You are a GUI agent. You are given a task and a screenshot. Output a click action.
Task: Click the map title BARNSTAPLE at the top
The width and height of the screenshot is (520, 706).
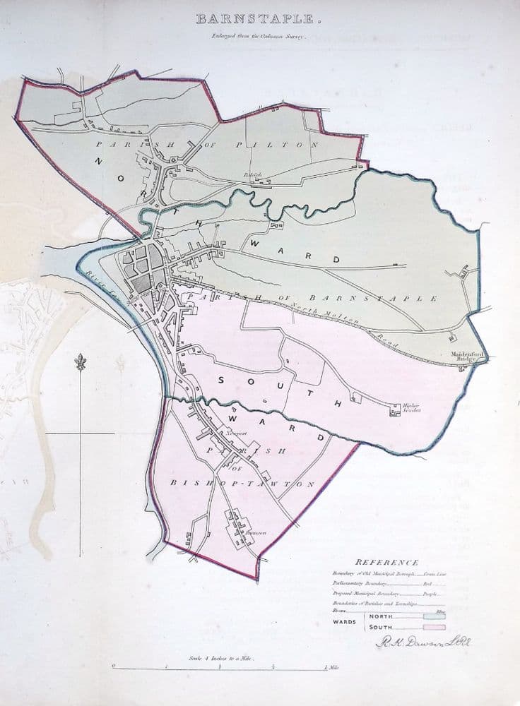point(259,18)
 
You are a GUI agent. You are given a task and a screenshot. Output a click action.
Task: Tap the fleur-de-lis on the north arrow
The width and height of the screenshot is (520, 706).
point(80,363)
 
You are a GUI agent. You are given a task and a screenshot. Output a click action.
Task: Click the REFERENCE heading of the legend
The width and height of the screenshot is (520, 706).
point(386,562)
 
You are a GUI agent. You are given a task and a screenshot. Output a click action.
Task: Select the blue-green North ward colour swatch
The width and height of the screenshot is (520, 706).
point(433,616)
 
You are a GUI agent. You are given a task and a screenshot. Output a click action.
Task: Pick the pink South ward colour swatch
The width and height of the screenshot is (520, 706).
point(433,626)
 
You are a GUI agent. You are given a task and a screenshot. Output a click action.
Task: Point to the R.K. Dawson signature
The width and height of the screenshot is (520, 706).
point(422,642)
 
